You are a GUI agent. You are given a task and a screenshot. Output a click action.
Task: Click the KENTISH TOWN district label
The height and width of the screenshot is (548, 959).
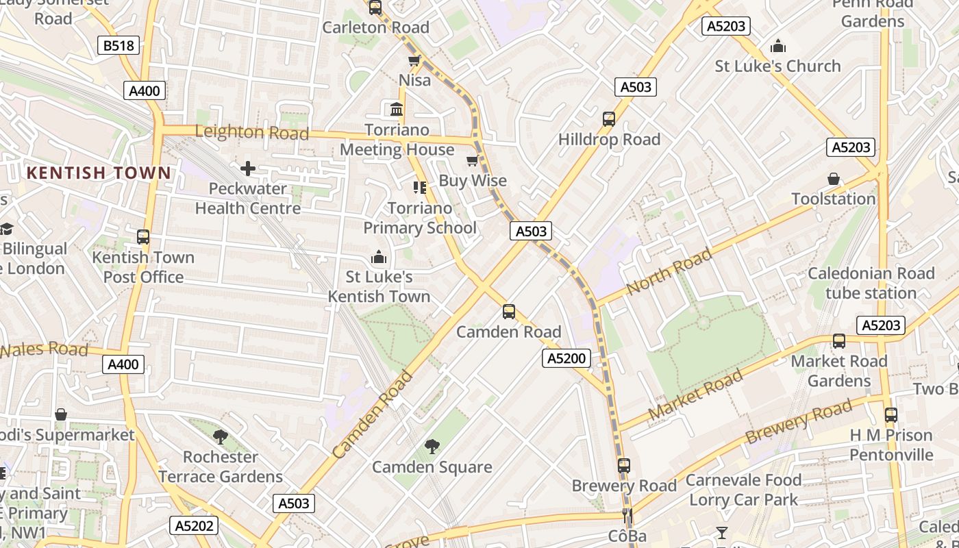point(98,173)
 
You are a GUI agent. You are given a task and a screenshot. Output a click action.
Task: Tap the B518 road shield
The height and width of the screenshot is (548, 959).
point(119,46)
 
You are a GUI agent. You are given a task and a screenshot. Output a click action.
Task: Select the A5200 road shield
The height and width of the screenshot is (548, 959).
point(566,358)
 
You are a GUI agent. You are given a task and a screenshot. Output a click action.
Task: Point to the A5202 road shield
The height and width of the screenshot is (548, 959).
point(194,525)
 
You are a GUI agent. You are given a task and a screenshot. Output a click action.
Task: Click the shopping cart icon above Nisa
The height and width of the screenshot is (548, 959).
point(414,61)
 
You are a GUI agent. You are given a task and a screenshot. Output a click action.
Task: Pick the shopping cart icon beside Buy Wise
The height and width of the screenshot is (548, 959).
point(472,161)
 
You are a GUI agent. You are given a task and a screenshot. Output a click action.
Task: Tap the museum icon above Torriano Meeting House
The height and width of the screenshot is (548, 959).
point(396,110)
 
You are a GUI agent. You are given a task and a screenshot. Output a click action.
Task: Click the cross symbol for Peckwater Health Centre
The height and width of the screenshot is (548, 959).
point(248,169)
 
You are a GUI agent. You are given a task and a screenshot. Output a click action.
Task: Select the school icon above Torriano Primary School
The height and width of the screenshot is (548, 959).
point(420,188)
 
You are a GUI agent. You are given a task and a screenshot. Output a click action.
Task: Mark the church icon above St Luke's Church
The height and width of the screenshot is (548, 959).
point(777,47)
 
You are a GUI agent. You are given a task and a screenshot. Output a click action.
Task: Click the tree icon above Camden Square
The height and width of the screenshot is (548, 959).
point(432,447)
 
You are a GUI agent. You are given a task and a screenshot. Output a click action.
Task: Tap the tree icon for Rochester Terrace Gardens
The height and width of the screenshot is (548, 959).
point(220,436)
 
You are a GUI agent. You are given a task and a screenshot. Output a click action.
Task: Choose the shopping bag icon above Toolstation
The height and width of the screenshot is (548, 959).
point(834,179)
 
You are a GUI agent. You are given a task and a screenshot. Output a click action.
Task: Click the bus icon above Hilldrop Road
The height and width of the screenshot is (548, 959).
point(608,119)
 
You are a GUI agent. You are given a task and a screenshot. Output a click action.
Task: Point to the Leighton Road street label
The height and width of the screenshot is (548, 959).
point(252,132)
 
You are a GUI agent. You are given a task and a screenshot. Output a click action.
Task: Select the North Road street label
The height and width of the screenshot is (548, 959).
point(669,272)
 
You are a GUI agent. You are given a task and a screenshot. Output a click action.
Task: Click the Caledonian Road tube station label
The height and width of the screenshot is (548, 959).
point(871,283)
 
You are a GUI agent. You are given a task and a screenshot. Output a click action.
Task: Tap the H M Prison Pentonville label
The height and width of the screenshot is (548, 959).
point(891,445)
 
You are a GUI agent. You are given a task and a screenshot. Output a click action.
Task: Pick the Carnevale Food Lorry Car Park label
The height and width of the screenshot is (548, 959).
point(743,490)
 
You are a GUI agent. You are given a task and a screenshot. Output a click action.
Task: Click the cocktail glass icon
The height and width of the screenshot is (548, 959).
point(721,532)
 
